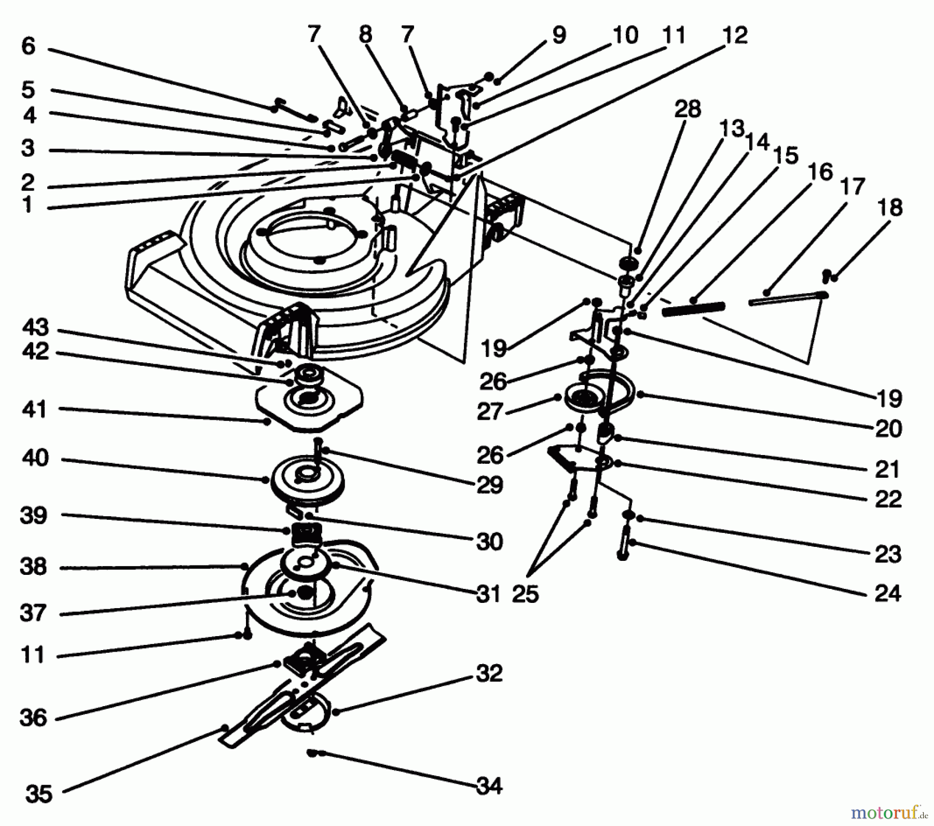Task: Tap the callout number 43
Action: (35, 328)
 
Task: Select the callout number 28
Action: (688, 110)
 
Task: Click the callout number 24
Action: (888, 593)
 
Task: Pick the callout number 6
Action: (28, 47)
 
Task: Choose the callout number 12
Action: (734, 35)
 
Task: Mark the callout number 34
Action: (489, 787)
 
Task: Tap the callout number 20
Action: (888, 429)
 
